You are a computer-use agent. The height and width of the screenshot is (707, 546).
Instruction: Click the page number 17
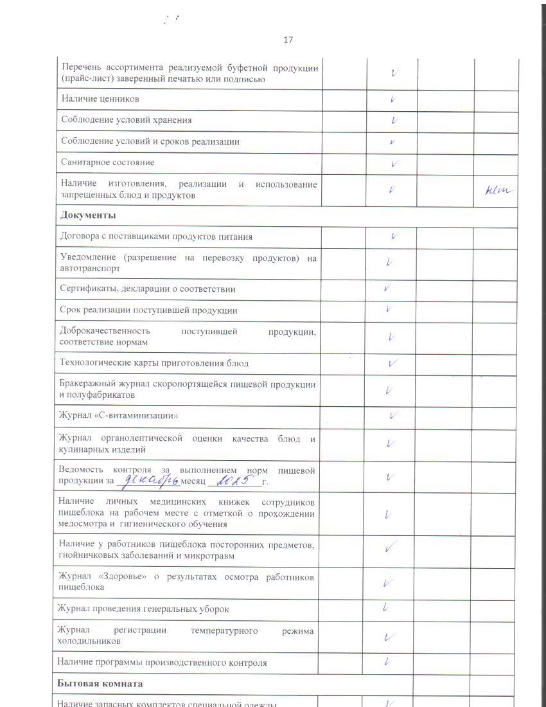[288, 40]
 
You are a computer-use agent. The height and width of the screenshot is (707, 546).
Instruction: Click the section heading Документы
[88, 215]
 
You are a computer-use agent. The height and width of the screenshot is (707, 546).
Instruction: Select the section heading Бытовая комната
[100, 683]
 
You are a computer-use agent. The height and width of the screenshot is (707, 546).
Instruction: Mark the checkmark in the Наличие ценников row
[392, 99]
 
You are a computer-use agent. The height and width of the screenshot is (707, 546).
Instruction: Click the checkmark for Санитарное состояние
[394, 163]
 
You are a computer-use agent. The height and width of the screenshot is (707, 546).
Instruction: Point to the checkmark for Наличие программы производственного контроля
[387, 661]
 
